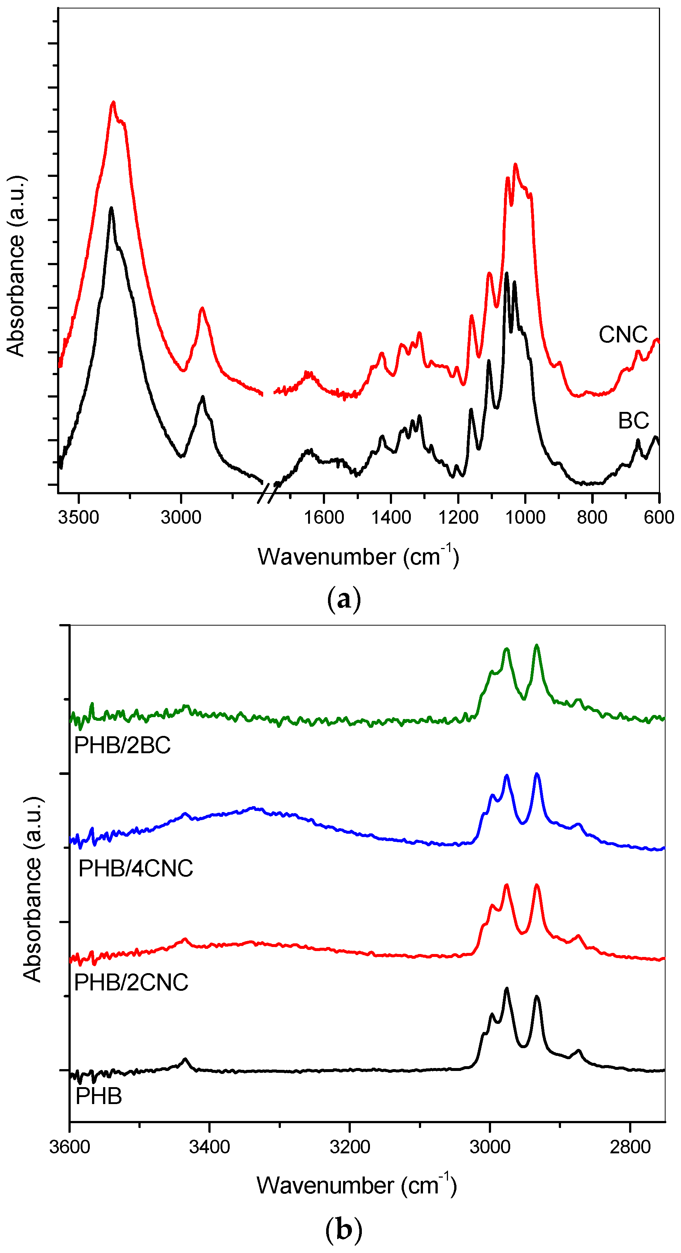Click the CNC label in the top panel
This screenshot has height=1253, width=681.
(623, 335)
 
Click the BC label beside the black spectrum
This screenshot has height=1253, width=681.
(633, 421)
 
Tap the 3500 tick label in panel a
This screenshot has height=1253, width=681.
(78, 517)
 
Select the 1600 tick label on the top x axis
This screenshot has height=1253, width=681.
(324, 517)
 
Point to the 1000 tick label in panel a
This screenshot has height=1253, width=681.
(525, 517)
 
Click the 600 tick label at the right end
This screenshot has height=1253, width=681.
(659, 517)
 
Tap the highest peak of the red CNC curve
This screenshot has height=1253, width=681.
(113, 103)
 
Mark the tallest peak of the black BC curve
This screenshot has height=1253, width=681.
(112, 208)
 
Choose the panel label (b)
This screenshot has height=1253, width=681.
(344, 1230)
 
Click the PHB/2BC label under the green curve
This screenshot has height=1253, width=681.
(122, 745)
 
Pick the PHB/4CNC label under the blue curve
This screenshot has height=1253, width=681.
(136, 869)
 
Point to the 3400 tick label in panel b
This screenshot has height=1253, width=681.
(210, 1147)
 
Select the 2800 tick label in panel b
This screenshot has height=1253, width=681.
(630, 1147)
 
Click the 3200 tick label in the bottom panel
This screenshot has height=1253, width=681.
(349, 1147)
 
